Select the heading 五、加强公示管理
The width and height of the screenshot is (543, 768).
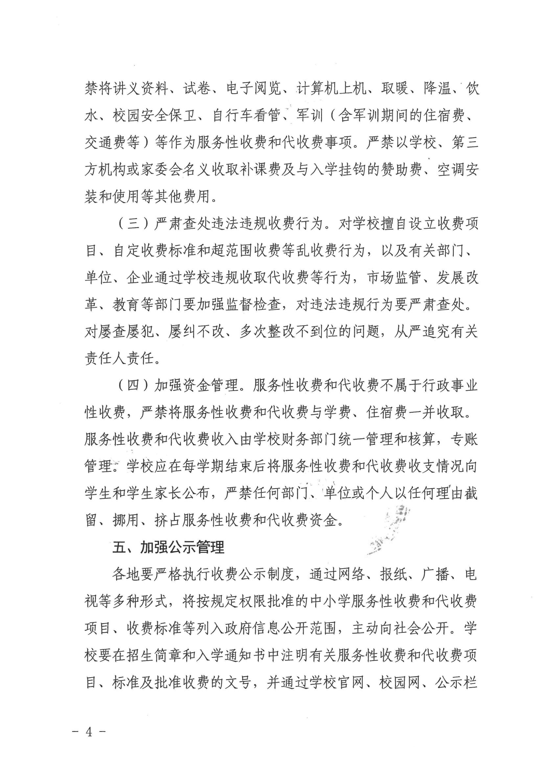(168, 548)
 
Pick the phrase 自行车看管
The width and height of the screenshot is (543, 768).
(246, 116)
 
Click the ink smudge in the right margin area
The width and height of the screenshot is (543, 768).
(392, 529)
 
